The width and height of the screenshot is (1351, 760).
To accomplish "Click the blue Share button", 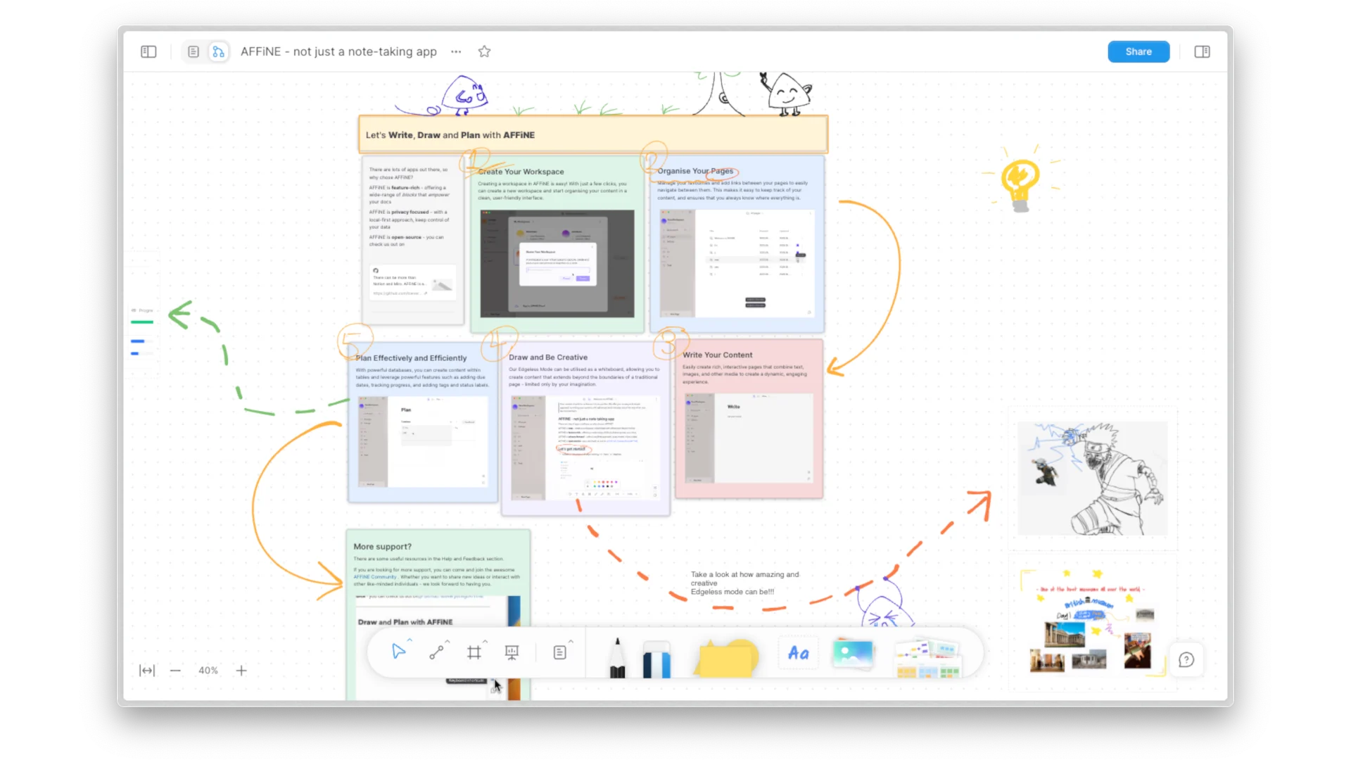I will click(1138, 51).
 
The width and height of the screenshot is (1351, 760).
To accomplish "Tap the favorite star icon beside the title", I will click(484, 51).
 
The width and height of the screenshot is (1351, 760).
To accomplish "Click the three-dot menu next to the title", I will click(456, 51).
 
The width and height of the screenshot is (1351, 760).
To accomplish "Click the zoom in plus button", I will click(241, 671).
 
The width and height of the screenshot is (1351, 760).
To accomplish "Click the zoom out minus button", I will click(175, 671).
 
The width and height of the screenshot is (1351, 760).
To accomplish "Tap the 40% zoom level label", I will click(208, 671).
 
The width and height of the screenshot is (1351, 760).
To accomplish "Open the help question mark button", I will click(1186, 660).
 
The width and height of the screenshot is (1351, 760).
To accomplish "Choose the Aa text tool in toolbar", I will click(798, 654).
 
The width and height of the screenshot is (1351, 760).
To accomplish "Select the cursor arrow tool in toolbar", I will click(398, 652).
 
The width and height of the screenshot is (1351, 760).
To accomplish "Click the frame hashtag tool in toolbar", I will click(474, 652).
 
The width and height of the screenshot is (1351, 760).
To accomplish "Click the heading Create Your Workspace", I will click(521, 172).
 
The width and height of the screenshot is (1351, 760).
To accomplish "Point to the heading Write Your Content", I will click(717, 355).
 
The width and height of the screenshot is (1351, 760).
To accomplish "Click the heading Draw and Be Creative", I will click(547, 357).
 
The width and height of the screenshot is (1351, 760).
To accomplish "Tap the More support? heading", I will click(382, 547).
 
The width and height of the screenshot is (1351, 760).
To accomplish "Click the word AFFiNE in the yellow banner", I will click(519, 135).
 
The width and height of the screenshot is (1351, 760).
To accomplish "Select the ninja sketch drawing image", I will click(1092, 479).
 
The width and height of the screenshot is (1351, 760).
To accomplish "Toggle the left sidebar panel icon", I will click(148, 51).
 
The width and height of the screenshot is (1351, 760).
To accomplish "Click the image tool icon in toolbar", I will click(853, 654).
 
